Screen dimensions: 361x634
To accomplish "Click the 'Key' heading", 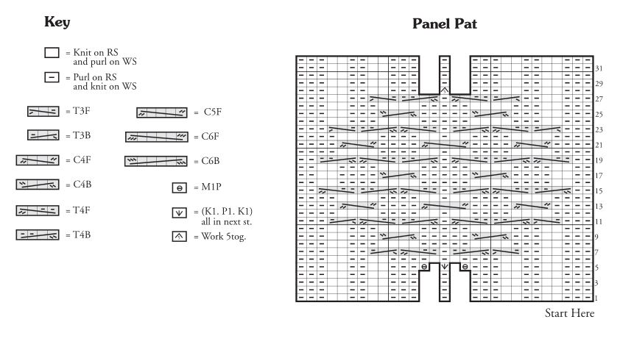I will (x=57, y=22).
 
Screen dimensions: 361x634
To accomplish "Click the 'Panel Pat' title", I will (x=444, y=24).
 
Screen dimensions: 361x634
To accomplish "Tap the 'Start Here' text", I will (x=569, y=313).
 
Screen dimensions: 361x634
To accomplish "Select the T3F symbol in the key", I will (x=43, y=111).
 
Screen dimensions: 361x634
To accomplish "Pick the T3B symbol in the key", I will (x=43, y=135).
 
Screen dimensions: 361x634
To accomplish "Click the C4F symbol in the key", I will (x=38, y=160).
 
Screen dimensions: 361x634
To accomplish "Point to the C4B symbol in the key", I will (x=38, y=185).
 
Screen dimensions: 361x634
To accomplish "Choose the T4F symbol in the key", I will (x=38, y=210).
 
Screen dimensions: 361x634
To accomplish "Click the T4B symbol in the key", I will (x=38, y=235).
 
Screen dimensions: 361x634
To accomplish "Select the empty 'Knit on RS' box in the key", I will (x=52, y=53).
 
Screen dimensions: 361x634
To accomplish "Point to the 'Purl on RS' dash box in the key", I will (x=52, y=77).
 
